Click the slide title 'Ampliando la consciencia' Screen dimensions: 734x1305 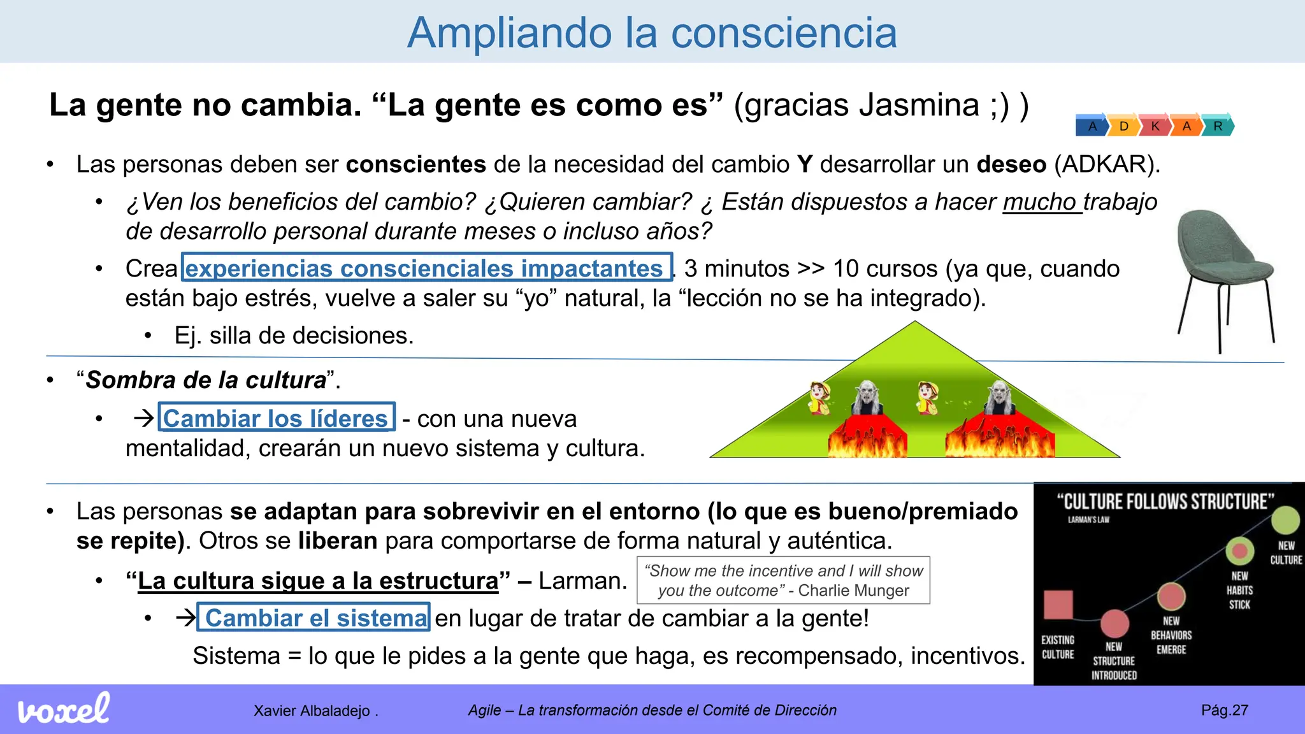652,32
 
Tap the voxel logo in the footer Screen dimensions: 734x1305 64,709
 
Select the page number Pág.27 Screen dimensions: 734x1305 1224,710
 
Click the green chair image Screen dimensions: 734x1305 1222,274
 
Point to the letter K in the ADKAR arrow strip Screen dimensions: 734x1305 1155,126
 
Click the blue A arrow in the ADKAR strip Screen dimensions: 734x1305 1092,126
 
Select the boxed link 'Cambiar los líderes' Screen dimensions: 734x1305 276,418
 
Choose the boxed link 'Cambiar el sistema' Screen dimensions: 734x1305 314,617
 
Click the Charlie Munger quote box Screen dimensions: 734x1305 783,580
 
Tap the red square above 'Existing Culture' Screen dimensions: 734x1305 1058,605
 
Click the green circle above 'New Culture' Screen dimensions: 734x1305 1285,520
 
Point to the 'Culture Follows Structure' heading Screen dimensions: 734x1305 1165,502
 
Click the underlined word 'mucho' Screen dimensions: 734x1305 1040,201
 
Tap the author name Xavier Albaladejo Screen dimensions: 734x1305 312,710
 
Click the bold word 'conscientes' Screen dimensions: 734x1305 416,164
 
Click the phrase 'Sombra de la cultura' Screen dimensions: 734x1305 206,380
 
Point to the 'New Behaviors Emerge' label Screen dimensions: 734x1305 1171,635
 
